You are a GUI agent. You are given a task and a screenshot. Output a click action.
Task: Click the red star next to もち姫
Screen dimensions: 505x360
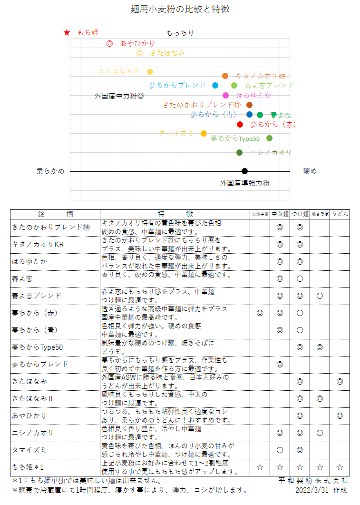point(67,33)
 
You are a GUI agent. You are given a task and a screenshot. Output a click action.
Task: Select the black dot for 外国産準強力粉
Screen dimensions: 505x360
point(244,171)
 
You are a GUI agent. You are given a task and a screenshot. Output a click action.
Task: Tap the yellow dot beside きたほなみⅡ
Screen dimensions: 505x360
point(150,72)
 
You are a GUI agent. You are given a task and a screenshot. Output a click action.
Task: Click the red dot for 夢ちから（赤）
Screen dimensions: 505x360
point(240,125)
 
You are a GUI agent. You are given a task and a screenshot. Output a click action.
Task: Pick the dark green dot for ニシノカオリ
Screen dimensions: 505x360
point(239,153)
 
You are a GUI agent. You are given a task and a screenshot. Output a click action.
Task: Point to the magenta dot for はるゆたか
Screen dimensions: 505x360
point(225,95)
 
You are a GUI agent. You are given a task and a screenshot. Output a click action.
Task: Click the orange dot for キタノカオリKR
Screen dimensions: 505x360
point(225,76)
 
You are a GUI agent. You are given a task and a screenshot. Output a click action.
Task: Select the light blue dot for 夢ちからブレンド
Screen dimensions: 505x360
point(215,86)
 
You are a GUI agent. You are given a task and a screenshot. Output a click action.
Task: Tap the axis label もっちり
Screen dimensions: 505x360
point(180,33)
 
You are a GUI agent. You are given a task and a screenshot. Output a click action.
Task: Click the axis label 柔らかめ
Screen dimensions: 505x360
point(50,171)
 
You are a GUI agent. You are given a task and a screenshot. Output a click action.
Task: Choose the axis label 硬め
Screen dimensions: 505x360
point(310,171)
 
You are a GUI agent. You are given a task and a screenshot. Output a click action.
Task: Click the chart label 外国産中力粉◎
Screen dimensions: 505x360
point(119,96)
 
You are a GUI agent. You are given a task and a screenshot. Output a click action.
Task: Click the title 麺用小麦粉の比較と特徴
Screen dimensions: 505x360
point(180,9)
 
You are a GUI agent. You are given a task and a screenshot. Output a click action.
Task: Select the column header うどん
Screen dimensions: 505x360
point(340,214)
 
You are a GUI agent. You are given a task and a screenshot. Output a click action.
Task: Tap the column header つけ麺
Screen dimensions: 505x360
point(300,214)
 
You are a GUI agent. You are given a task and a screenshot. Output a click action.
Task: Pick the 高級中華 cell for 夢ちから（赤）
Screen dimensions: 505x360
point(260,313)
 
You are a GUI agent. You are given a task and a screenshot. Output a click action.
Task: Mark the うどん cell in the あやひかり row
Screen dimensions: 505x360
point(340,416)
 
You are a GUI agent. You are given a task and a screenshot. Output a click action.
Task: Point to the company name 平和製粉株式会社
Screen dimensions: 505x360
point(314,481)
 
